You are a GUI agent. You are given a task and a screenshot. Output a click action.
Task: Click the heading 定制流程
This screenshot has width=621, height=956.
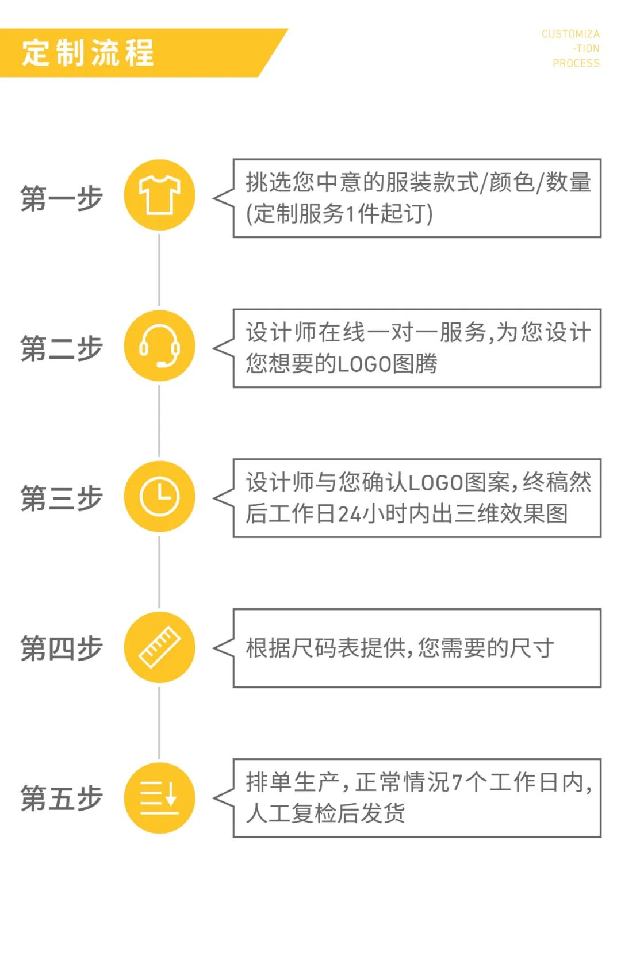point(88,53)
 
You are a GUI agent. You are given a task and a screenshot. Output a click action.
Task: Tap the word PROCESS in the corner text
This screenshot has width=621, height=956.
point(576,63)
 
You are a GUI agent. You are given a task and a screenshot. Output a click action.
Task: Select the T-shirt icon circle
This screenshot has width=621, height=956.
point(160,195)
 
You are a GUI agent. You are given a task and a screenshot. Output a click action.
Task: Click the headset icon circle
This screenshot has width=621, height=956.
point(160,346)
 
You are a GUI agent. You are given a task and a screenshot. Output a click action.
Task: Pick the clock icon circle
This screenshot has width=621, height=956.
point(160,496)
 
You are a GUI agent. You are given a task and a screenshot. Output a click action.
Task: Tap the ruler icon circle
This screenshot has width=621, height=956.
point(160,647)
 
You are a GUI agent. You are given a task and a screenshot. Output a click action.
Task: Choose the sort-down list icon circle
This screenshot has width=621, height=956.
point(160,798)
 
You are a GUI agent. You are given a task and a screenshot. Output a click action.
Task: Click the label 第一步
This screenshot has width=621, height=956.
point(62,198)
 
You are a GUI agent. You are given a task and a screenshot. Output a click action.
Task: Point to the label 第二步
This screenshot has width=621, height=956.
point(62,348)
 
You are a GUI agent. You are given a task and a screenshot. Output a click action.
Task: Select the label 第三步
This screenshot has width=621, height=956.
point(62,498)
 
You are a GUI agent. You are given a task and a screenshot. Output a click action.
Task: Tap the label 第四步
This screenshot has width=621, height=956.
point(62,648)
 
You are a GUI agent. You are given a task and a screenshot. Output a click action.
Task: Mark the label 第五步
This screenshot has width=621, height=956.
point(62,798)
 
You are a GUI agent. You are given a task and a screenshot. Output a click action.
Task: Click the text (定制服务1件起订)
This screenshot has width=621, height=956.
point(339,214)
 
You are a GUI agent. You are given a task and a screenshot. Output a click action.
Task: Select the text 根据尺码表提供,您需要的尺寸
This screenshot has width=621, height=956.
point(400,648)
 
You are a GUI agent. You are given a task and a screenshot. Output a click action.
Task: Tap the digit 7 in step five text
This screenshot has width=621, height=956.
point(457,782)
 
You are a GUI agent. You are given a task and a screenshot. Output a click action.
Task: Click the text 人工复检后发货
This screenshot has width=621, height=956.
point(325,813)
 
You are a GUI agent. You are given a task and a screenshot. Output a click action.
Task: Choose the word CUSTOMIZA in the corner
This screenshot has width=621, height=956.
point(570,34)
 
